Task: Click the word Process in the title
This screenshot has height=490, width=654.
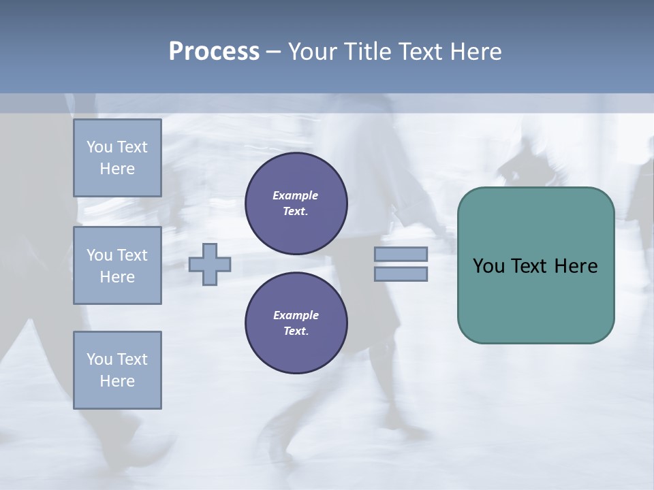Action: pyautogui.click(x=214, y=52)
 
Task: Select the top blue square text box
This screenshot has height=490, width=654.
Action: pyautogui.click(x=117, y=158)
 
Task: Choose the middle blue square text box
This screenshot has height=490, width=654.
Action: pyautogui.click(x=117, y=265)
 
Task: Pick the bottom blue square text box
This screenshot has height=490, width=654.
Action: pyautogui.click(x=117, y=370)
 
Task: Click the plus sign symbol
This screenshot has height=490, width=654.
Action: pyautogui.click(x=210, y=264)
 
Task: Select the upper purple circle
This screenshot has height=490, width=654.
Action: pyautogui.click(x=296, y=203)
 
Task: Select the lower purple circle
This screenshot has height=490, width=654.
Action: pyautogui.click(x=296, y=323)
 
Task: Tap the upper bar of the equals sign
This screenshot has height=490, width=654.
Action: pyautogui.click(x=401, y=254)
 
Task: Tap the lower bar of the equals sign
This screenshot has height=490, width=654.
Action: pyautogui.click(x=401, y=274)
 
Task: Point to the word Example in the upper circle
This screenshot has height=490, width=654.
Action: pyautogui.click(x=296, y=195)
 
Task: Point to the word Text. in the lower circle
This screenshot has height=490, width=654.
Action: pyautogui.click(x=296, y=331)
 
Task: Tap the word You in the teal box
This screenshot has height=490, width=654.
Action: pyautogui.click(x=488, y=266)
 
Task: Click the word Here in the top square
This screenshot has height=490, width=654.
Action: pyautogui.click(x=117, y=169)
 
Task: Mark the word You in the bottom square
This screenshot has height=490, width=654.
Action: pyautogui.click(x=99, y=359)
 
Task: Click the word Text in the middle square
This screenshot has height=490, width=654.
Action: pyautogui.click(x=133, y=255)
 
